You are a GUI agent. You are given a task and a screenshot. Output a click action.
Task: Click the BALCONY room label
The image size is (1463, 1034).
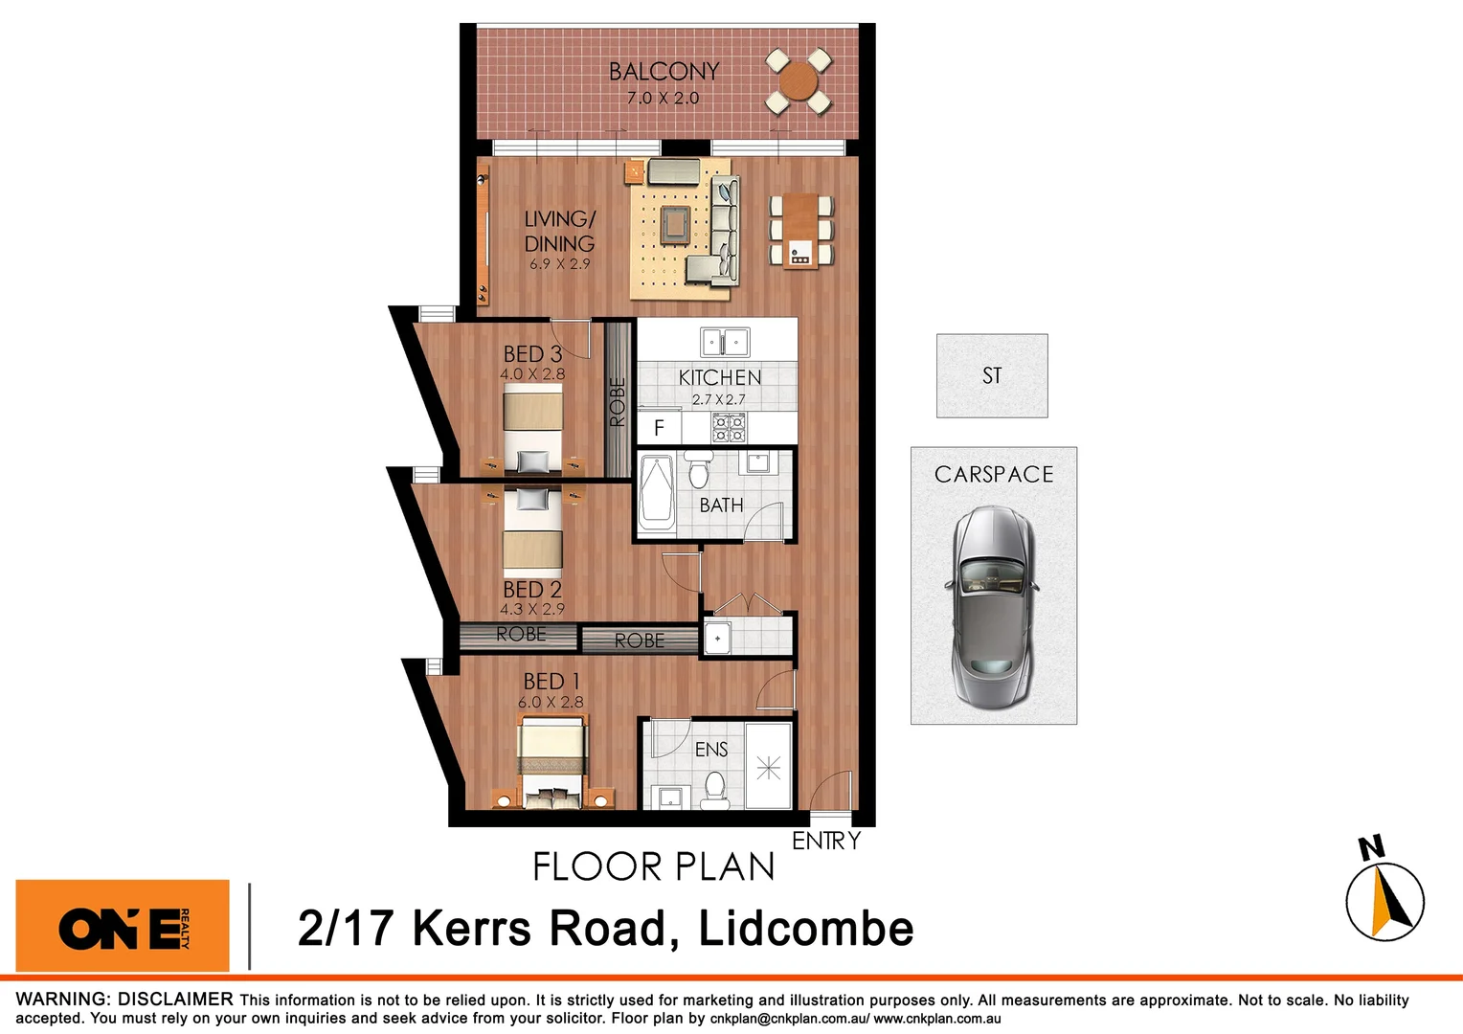pos(664,72)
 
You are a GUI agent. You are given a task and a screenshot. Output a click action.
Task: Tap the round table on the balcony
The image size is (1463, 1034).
pos(799,83)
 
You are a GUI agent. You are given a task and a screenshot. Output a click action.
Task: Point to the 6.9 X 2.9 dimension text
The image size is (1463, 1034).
pos(559,264)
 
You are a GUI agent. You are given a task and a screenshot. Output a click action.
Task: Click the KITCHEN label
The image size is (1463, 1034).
pos(720,378)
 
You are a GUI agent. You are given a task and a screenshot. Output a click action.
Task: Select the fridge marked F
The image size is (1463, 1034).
pos(659,428)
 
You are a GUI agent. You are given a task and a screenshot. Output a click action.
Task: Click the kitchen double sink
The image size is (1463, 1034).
pos(725,342)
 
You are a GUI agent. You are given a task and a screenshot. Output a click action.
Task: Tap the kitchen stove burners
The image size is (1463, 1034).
pos(729,428)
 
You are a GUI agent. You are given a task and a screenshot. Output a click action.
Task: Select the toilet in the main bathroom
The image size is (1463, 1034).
pos(698,472)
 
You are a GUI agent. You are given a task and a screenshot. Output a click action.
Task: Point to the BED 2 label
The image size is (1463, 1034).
pos(532,590)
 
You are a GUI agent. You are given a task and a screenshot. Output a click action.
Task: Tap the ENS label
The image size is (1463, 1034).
pos(711,750)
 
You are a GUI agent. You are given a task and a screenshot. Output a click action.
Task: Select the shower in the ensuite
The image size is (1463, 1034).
pos(769,767)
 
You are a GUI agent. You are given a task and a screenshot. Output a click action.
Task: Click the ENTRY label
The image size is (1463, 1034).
pos(826,841)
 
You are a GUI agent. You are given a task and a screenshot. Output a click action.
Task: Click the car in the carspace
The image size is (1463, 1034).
pos(992,605)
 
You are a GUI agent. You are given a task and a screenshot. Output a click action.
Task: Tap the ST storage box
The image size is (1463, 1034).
pos(992,375)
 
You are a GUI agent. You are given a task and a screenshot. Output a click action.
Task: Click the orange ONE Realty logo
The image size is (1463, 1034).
pos(123,926)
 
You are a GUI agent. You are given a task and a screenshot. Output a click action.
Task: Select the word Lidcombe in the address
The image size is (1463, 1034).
pos(805,929)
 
